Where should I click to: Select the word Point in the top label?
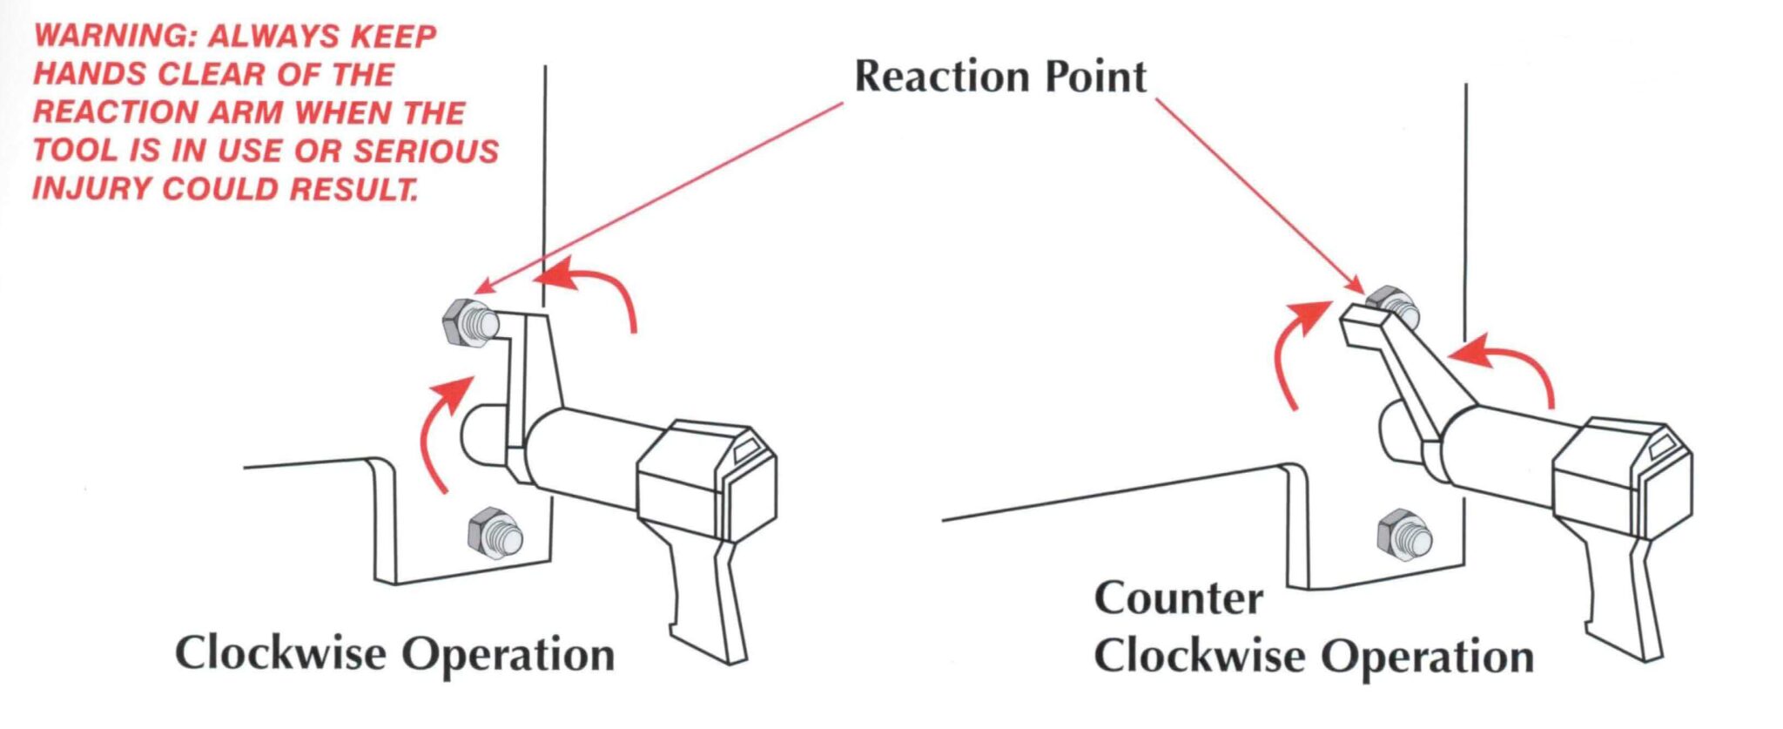pyautogui.click(x=1095, y=77)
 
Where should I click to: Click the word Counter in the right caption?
pyautogui.click(x=1178, y=599)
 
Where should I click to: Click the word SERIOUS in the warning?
pyautogui.click(x=426, y=151)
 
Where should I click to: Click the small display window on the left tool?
pyautogui.click(x=746, y=450)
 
